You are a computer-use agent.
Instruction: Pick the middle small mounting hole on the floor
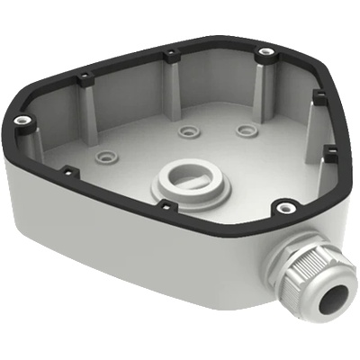(x=187, y=132)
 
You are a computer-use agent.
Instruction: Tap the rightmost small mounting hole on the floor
(x=244, y=129)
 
